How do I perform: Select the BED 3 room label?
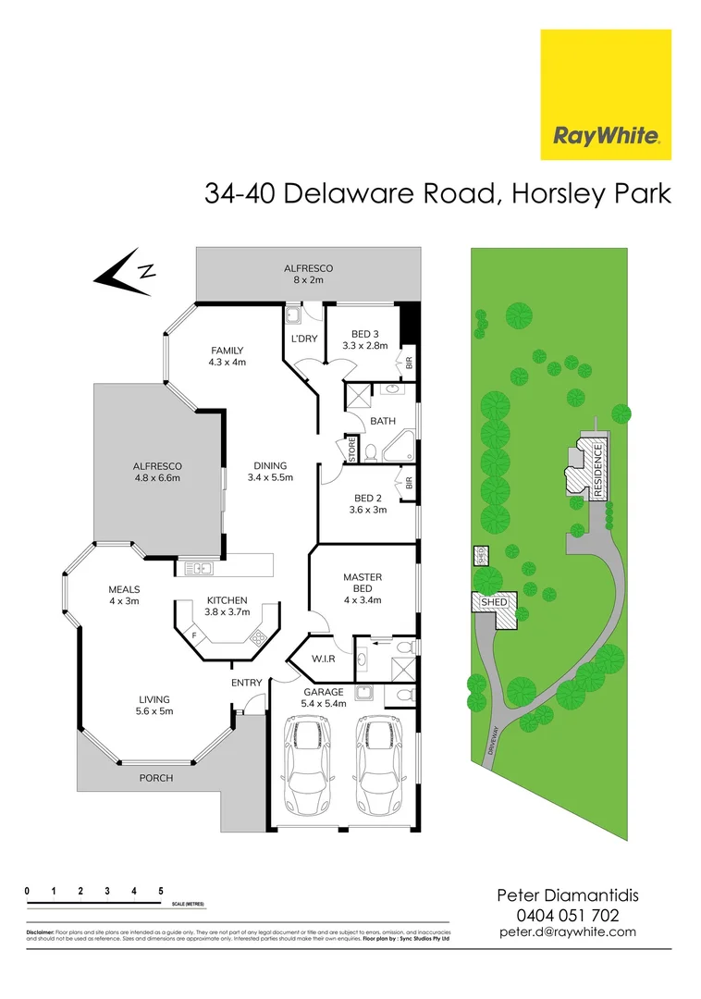[x=364, y=334]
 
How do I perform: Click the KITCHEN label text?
[x=227, y=599]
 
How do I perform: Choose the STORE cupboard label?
[x=352, y=450]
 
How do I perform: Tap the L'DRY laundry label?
[x=304, y=339]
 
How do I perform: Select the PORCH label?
[x=155, y=778]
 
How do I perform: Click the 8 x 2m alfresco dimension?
[x=308, y=280]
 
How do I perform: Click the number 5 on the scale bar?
[x=161, y=891]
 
